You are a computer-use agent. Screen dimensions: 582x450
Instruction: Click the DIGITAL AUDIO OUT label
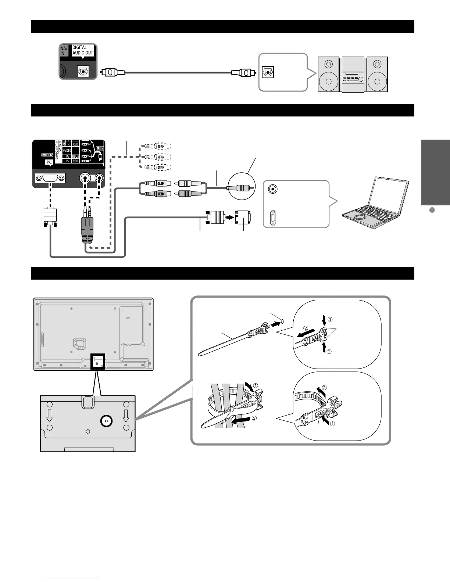click(x=83, y=50)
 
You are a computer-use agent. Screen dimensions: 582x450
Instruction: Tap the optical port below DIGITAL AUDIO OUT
click(x=83, y=71)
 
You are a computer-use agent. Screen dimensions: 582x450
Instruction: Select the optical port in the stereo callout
click(x=267, y=72)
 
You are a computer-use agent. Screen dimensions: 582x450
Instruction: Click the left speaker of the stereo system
click(x=329, y=75)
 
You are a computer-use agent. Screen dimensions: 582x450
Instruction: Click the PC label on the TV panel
click(x=49, y=162)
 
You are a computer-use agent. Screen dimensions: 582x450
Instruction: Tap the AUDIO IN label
click(x=47, y=155)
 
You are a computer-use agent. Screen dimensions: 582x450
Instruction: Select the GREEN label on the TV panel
click(x=100, y=149)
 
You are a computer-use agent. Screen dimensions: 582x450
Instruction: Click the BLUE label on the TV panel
click(x=75, y=157)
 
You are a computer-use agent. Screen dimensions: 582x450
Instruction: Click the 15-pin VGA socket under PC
click(x=50, y=179)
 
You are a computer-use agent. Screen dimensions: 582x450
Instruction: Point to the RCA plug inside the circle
click(x=241, y=187)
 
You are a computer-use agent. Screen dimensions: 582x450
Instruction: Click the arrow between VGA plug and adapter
click(x=229, y=217)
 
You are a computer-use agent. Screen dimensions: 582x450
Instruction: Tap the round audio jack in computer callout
click(x=273, y=189)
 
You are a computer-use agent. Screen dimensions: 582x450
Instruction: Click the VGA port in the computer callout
click(x=273, y=218)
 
